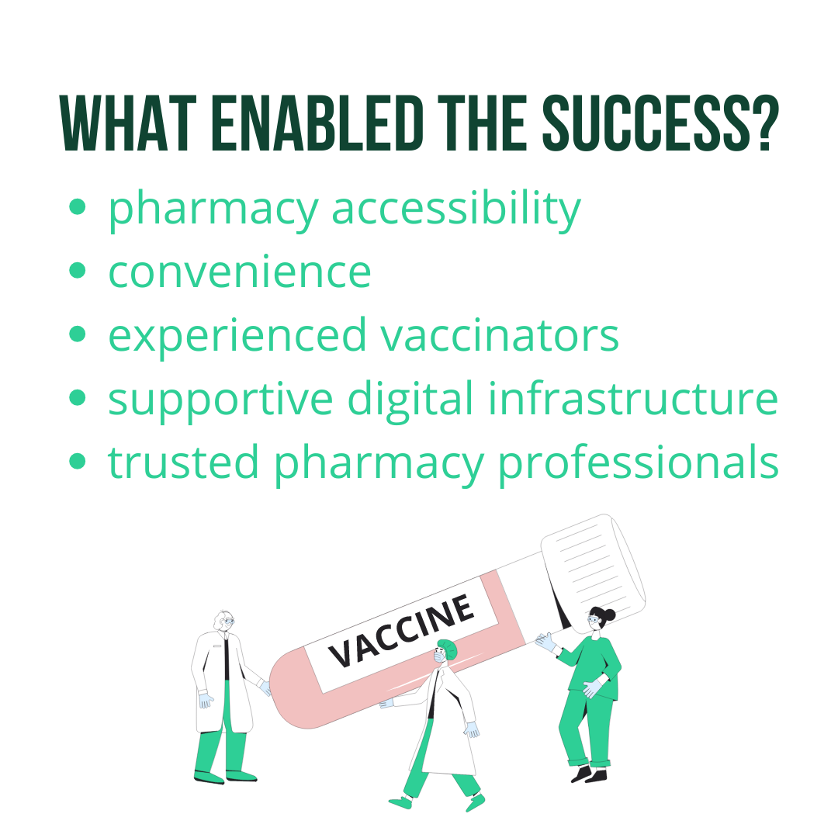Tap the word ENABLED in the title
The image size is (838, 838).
pyautogui.click(x=318, y=123)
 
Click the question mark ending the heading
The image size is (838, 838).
pyautogui.click(x=767, y=123)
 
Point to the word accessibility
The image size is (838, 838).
pyautogui.click(x=456, y=209)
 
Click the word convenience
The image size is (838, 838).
pyautogui.click(x=240, y=272)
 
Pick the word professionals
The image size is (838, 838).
pyautogui.click(x=638, y=463)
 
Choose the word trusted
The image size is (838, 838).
pyautogui.click(x=183, y=462)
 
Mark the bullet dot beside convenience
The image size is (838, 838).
pyautogui.click(x=78, y=271)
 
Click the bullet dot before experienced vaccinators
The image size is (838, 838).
pyautogui.click(x=78, y=334)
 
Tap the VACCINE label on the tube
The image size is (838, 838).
pyautogui.click(x=402, y=631)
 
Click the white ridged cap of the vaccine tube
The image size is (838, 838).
pyautogui.click(x=594, y=567)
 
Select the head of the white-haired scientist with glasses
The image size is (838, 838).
pyautogui.click(x=224, y=621)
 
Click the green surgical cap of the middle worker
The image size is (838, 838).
pyautogui.click(x=448, y=648)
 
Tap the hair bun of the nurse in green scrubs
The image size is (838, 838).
pyautogui.click(x=608, y=615)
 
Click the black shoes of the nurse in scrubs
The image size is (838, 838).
pyautogui.click(x=589, y=774)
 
